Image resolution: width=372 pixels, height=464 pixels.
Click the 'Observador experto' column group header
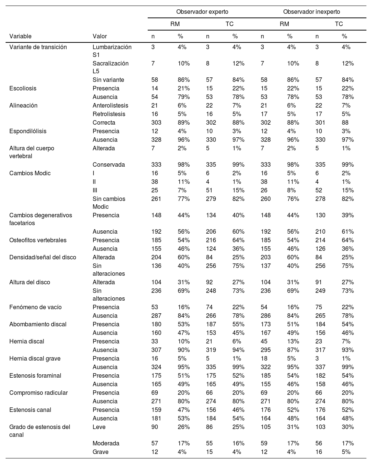click(202, 12)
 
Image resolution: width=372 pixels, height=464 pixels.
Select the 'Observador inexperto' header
click(311, 12)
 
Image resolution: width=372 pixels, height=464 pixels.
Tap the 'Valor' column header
click(100, 36)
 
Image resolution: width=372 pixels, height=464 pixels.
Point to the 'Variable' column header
click(20, 36)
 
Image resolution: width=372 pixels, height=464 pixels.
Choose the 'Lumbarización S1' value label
click(112, 51)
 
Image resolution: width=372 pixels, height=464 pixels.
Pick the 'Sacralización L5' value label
click(110, 67)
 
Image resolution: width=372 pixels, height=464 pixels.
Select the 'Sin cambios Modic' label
click(109, 203)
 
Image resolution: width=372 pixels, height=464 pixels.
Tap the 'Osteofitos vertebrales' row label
click(38, 240)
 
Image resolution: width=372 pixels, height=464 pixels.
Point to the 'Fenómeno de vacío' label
click(35, 307)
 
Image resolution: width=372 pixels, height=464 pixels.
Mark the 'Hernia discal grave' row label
click(35, 358)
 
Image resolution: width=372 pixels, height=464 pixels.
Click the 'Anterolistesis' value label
click(110, 105)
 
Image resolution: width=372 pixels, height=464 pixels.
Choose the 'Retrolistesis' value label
click(109, 114)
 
